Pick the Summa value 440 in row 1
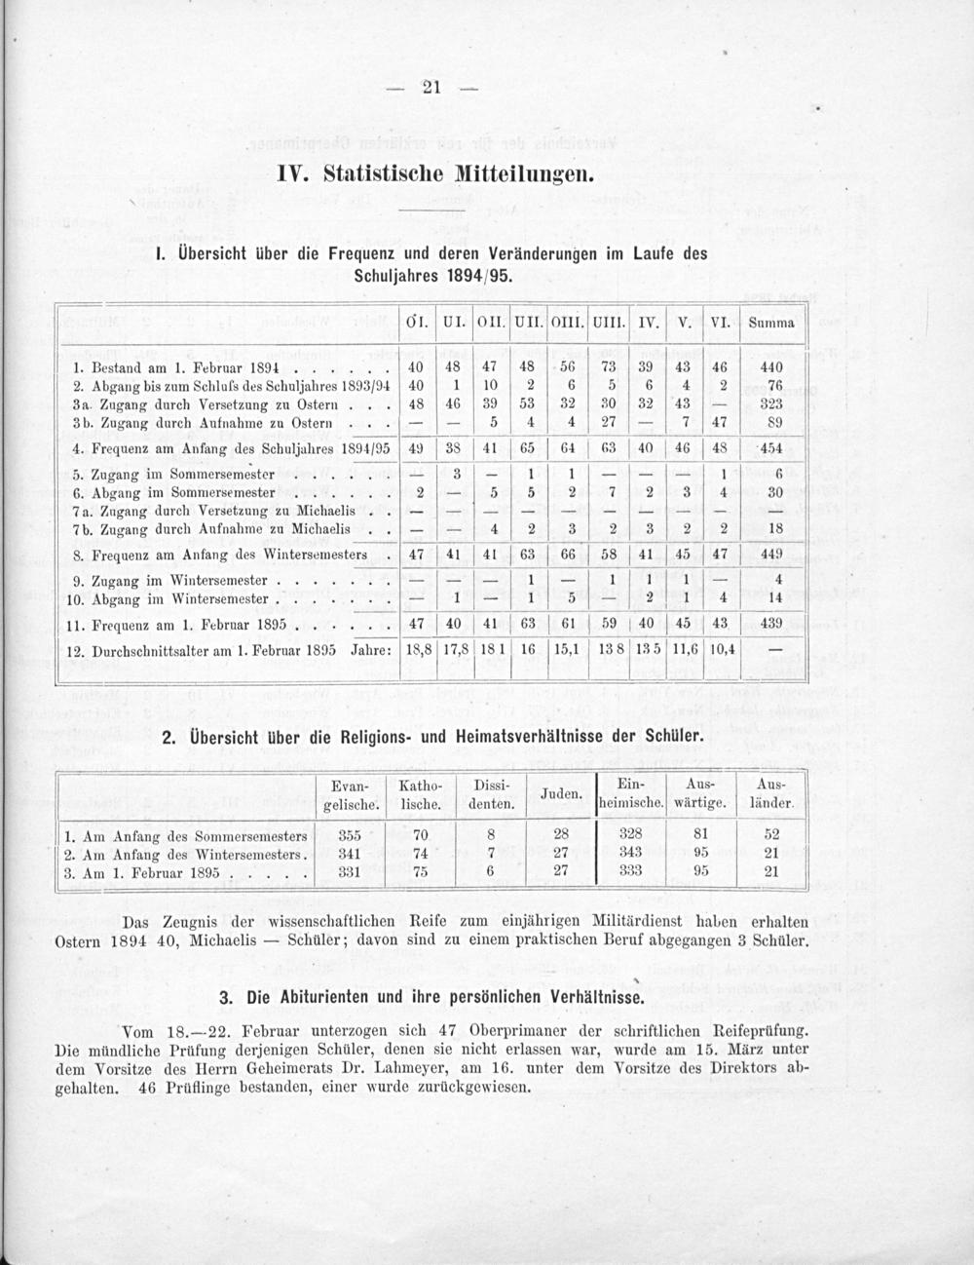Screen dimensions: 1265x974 771,368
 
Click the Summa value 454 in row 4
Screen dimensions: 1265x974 771,449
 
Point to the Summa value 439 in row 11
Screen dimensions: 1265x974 771,622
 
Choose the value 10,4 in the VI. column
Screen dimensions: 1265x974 722,648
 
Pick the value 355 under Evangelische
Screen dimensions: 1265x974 349,835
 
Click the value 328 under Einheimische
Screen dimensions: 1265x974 630,835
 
